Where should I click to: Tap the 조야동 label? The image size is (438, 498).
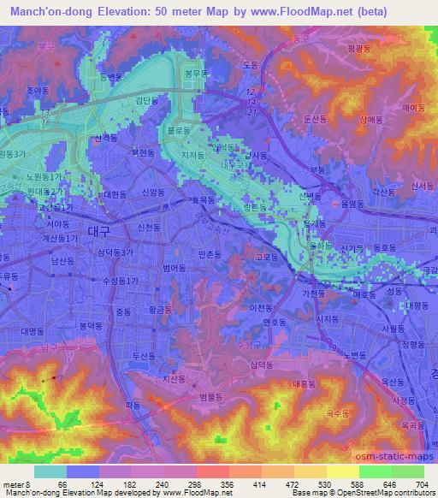tap(37, 89)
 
